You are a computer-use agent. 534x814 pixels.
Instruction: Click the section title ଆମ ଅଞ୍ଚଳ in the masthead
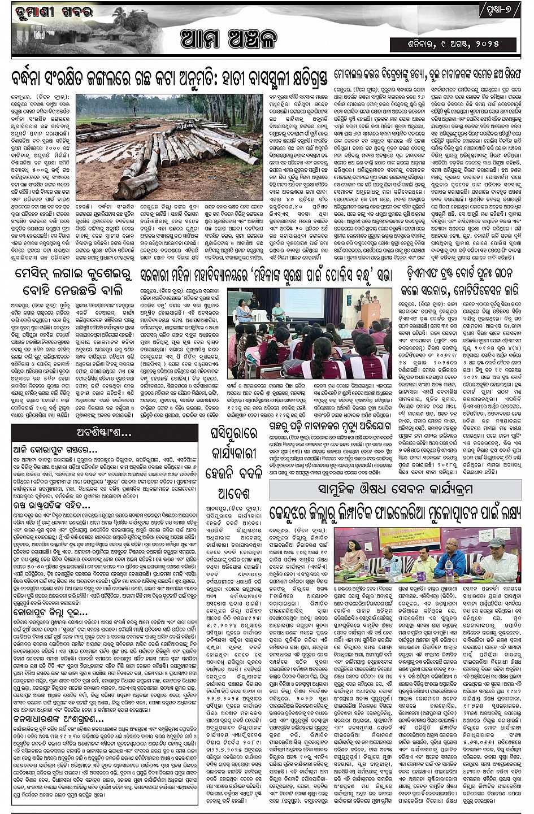(x=229, y=40)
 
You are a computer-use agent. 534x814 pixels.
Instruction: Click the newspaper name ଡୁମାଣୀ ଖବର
(x=46, y=10)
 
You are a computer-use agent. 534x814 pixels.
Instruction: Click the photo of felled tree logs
(x=169, y=146)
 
